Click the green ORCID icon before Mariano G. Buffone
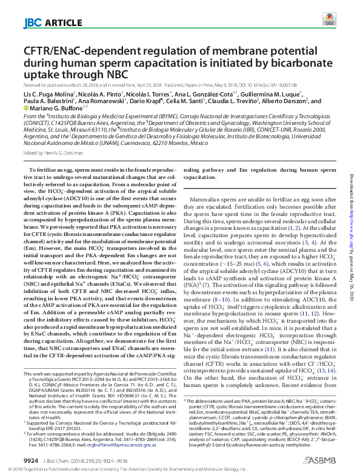(x=25, y=109)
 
